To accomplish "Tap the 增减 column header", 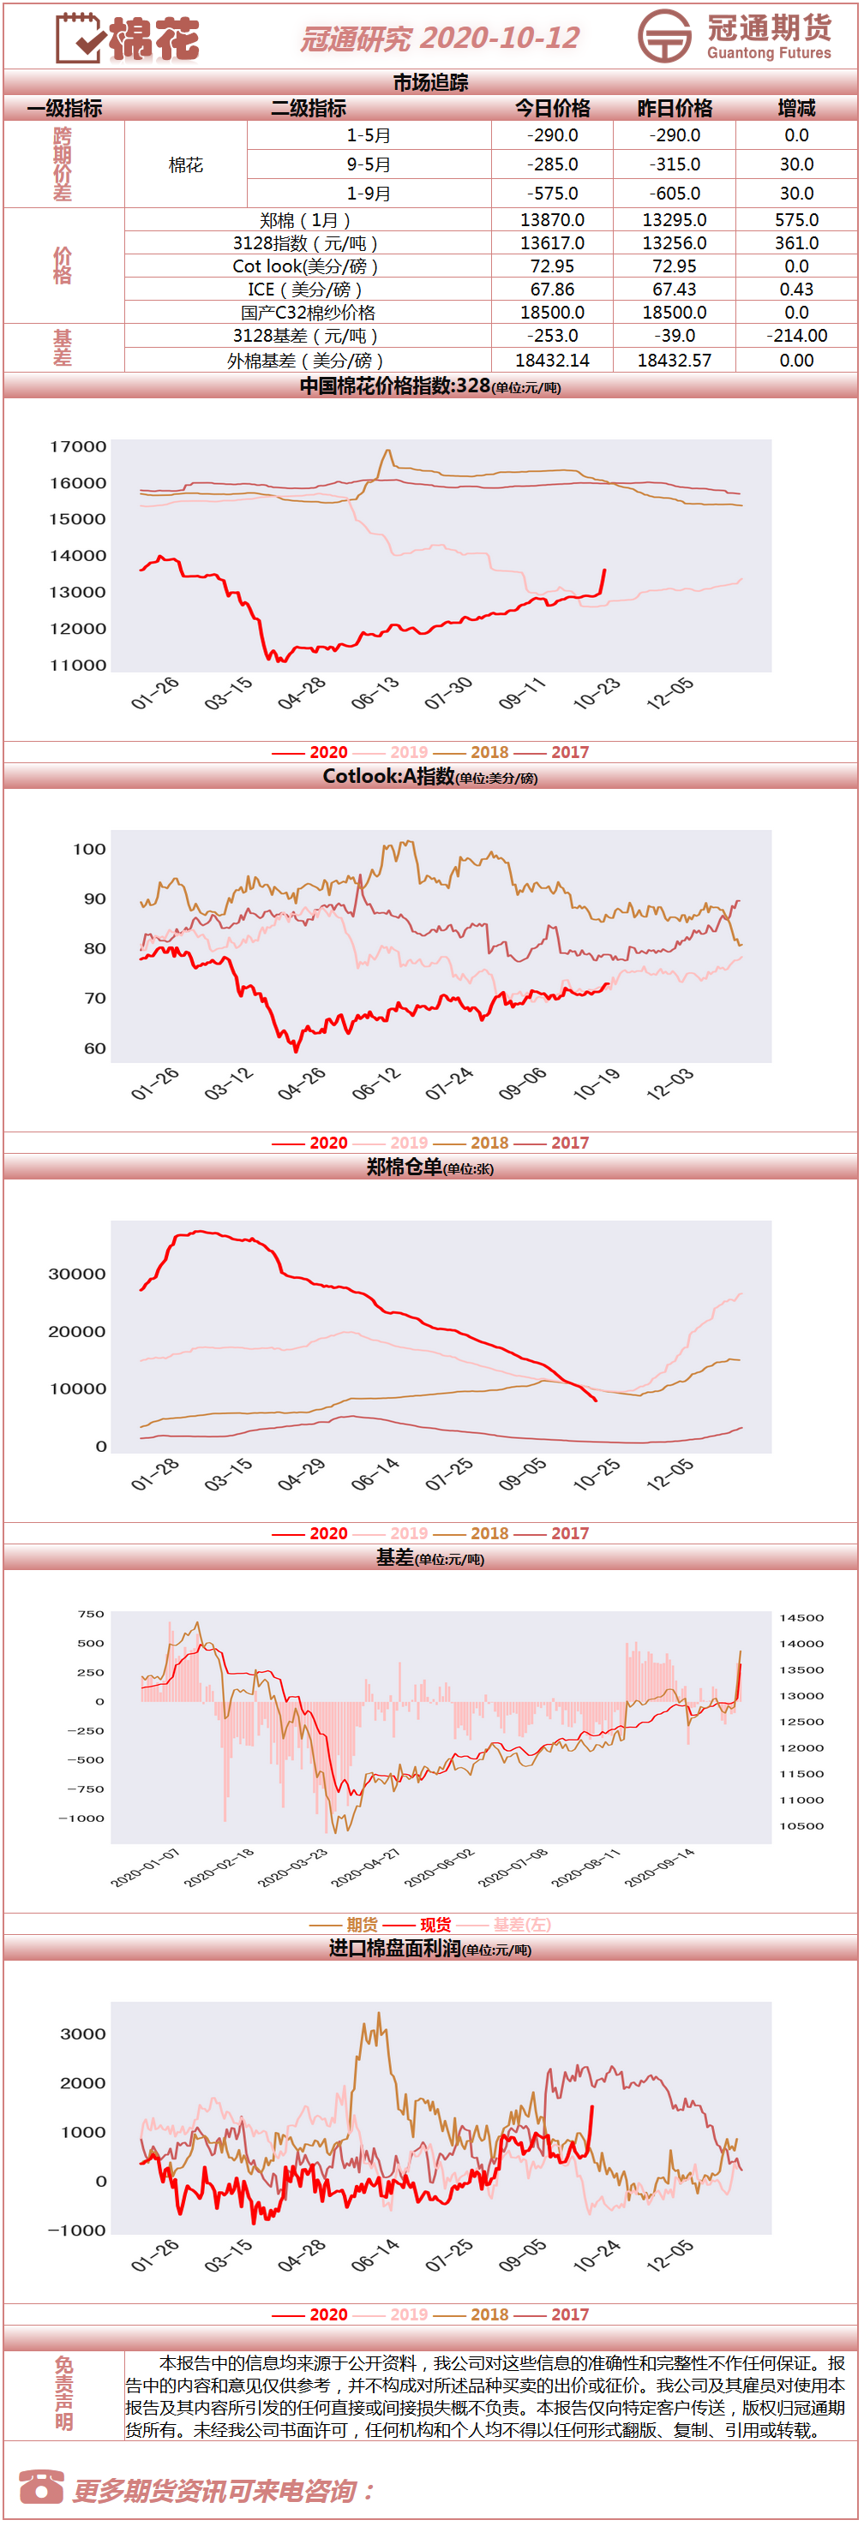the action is tap(796, 108).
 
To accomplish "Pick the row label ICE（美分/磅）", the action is tap(307, 290).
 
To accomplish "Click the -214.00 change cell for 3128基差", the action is tap(796, 336).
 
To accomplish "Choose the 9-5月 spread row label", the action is tap(369, 164).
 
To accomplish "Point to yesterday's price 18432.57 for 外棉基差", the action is tap(675, 361).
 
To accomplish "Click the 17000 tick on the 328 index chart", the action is tap(79, 446).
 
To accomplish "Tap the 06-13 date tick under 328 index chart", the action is tap(375, 693).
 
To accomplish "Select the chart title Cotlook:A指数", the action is tap(388, 777).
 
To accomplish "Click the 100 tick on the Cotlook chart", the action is tap(89, 849).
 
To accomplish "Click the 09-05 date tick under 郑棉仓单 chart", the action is tap(522, 1474).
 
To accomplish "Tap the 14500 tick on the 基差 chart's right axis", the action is tap(801, 1617).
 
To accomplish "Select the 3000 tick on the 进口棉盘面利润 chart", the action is tap(82, 2033).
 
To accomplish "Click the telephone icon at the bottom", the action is tap(41, 2486).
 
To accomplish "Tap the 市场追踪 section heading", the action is tap(430, 83).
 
